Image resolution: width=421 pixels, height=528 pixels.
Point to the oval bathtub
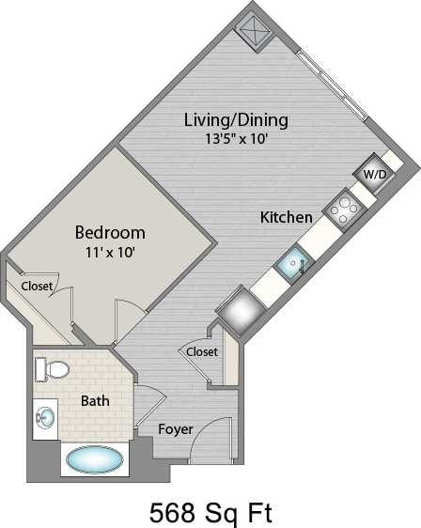[x=92, y=460]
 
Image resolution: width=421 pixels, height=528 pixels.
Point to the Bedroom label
[x=110, y=232]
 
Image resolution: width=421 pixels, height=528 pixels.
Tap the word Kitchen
[x=287, y=217]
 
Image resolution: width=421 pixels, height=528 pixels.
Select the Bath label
[x=95, y=401]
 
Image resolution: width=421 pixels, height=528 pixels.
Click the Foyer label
[x=175, y=429]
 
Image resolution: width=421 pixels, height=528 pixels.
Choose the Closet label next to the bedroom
[x=37, y=286]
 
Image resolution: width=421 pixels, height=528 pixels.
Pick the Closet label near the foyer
[x=202, y=351]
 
